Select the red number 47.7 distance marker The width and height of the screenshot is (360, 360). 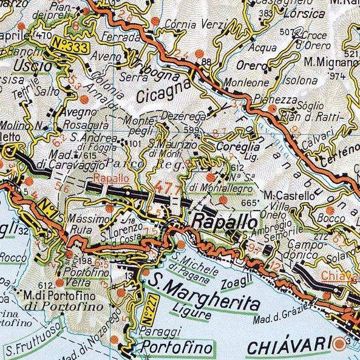pyautogui.click(x=168, y=185)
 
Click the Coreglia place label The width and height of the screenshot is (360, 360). pyautogui.click(x=242, y=148)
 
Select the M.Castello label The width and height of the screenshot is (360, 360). pyautogui.click(x=291, y=195)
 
